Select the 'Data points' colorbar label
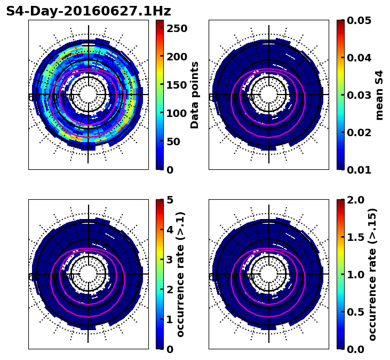click(195, 95)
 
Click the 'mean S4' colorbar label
click(379, 95)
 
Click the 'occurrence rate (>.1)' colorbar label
click(181, 274)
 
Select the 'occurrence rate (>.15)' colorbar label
click(372, 274)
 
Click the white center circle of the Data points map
click(88, 95)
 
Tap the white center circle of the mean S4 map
click(268, 95)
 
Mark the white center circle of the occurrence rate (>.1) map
click(88, 274)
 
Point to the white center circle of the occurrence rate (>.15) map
click(268, 274)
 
